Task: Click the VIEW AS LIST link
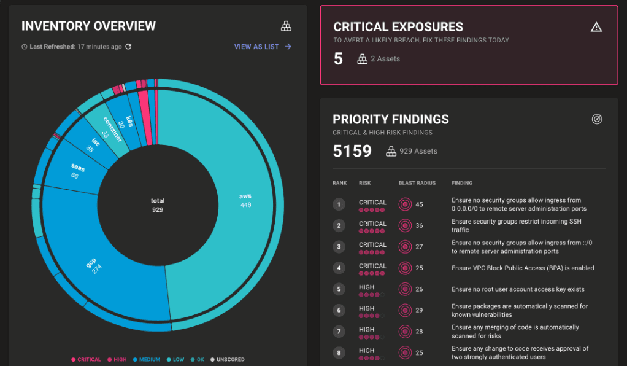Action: [x=263, y=47]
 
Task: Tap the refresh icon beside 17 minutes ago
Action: [x=128, y=47]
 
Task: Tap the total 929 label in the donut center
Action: [x=158, y=205]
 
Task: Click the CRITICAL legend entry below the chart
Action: [x=86, y=360]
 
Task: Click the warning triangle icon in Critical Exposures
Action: [x=596, y=26]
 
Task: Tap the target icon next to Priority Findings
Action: [x=597, y=119]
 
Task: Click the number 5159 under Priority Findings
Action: [x=352, y=151]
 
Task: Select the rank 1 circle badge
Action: [x=339, y=204]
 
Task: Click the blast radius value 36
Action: [x=419, y=225]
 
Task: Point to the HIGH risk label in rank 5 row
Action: [x=367, y=287]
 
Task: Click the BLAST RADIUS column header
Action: [x=417, y=183]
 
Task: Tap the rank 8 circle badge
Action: [x=339, y=352]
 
